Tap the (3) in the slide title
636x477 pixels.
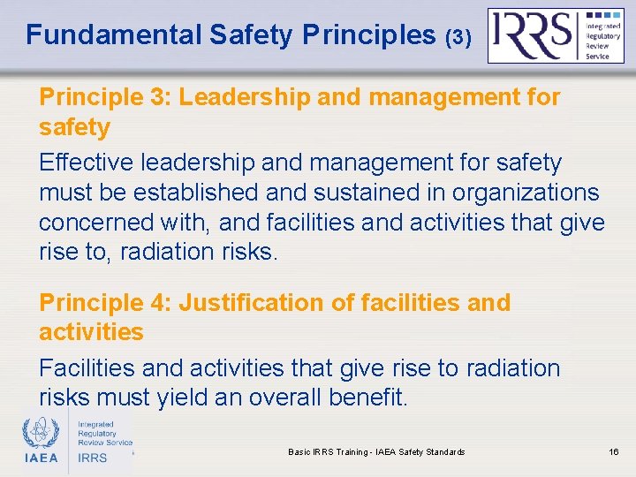(x=459, y=37)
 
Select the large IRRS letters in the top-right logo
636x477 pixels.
(x=532, y=34)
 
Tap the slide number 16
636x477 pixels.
(x=614, y=452)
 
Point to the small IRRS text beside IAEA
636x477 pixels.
(x=94, y=458)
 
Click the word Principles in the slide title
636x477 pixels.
(x=369, y=35)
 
